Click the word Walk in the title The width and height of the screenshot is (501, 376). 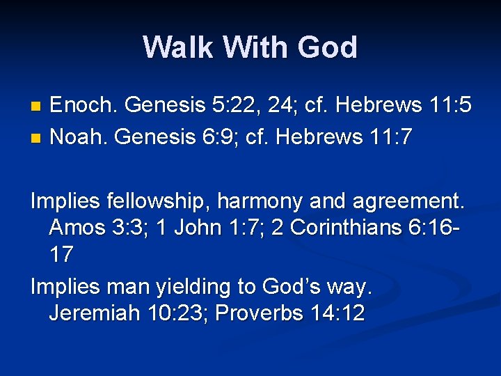coord(178,48)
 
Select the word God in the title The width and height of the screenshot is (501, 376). coord(327,48)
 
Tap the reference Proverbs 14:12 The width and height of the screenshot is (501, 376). coord(290,313)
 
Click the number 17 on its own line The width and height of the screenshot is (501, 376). coord(61,255)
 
